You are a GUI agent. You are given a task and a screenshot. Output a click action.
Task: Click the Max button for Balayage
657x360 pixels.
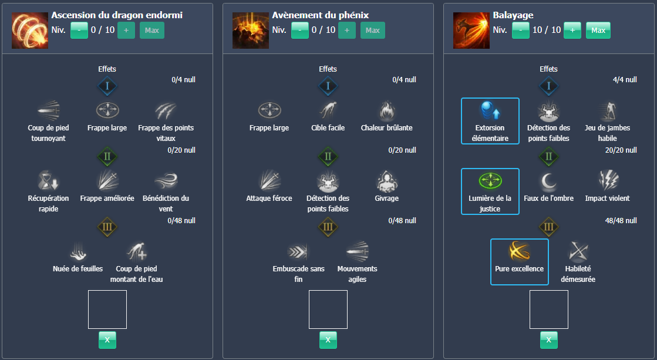[598, 30]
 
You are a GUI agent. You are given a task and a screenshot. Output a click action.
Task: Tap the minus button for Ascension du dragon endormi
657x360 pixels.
[79, 30]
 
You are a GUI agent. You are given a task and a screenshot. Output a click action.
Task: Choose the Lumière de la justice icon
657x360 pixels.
[490, 180]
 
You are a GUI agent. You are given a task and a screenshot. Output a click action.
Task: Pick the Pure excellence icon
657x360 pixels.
[519, 251]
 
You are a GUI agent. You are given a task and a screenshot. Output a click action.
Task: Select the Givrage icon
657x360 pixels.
[386, 181]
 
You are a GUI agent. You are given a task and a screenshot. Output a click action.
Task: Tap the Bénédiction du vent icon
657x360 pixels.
[166, 181]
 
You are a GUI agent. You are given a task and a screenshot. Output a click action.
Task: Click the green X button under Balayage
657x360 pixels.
[548, 339]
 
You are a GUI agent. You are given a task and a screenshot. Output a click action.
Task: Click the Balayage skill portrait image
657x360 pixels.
[471, 30]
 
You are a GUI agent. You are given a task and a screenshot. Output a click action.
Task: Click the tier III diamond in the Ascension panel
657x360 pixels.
[107, 227]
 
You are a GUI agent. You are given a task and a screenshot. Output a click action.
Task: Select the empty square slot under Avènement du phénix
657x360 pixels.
[328, 309]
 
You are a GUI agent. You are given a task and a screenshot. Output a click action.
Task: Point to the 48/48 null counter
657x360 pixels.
[620, 221]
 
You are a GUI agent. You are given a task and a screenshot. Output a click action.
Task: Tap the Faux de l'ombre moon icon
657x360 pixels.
[548, 181]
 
